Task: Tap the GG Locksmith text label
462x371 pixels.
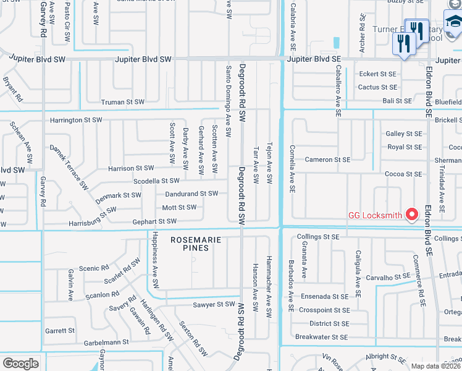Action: (375, 215)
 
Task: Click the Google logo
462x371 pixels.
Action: (20, 364)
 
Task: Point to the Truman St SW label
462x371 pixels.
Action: (123, 102)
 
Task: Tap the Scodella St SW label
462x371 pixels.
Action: (156, 181)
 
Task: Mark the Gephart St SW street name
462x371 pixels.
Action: (155, 221)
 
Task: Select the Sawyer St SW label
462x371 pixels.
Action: (214, 304)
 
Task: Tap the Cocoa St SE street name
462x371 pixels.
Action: (404, 174)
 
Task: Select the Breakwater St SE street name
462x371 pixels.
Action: (321, 337)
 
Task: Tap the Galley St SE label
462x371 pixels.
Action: (404, 134)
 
